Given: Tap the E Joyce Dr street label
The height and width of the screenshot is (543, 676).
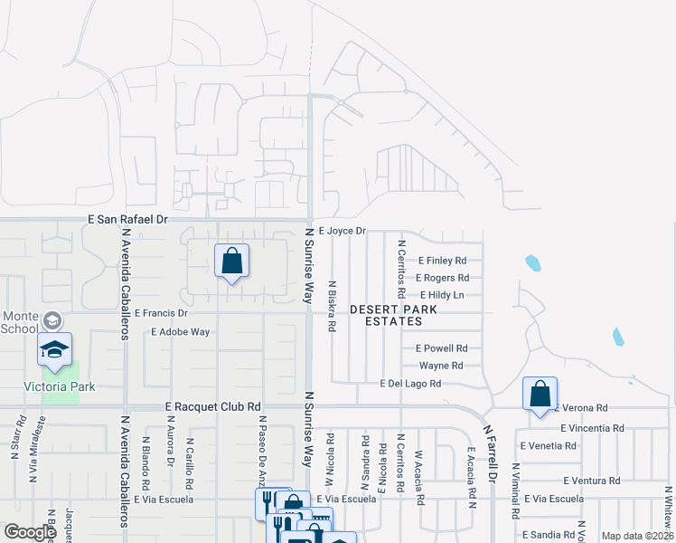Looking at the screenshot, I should [341, 231].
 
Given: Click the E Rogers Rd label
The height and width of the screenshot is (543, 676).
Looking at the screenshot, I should [442, 278].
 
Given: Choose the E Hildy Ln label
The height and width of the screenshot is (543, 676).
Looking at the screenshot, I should [442, 295].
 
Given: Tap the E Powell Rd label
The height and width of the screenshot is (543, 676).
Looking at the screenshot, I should [441, 348].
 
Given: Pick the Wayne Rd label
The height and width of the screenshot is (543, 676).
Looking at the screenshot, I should [441, 366].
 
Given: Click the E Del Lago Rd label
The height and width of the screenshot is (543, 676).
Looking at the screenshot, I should [410, 384].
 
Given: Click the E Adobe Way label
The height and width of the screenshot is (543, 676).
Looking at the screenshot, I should [181, 332].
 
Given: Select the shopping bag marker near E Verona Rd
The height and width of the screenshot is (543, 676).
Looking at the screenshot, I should [540, 395].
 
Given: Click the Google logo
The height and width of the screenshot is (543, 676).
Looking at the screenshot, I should [30, 532].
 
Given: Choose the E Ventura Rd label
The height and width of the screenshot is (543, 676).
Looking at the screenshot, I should [593, 481].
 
